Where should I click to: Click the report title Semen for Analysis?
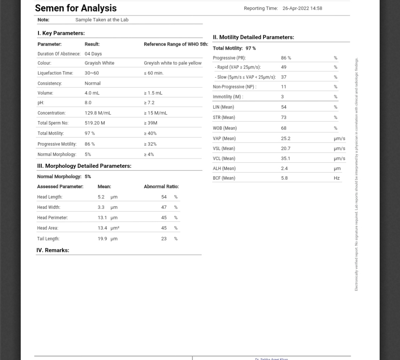76,8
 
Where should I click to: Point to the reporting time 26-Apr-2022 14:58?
302,8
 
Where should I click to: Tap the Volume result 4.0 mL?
92,93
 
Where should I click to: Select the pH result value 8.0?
88,103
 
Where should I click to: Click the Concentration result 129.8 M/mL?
98,113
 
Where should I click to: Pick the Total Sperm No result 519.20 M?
94,123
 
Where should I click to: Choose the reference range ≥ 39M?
151,123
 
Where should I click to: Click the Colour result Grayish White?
99,63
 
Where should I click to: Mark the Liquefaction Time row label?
55,73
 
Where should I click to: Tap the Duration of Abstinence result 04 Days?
93,54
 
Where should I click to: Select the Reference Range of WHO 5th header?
176,44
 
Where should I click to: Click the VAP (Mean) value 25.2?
286,139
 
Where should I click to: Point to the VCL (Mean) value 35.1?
286,159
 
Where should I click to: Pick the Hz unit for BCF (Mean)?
337,178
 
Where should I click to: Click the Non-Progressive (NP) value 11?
284,87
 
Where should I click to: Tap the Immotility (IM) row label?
228,97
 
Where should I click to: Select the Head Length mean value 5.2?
101,197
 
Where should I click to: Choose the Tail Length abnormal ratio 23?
164,239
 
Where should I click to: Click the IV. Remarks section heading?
53,250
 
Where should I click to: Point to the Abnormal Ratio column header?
161,187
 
